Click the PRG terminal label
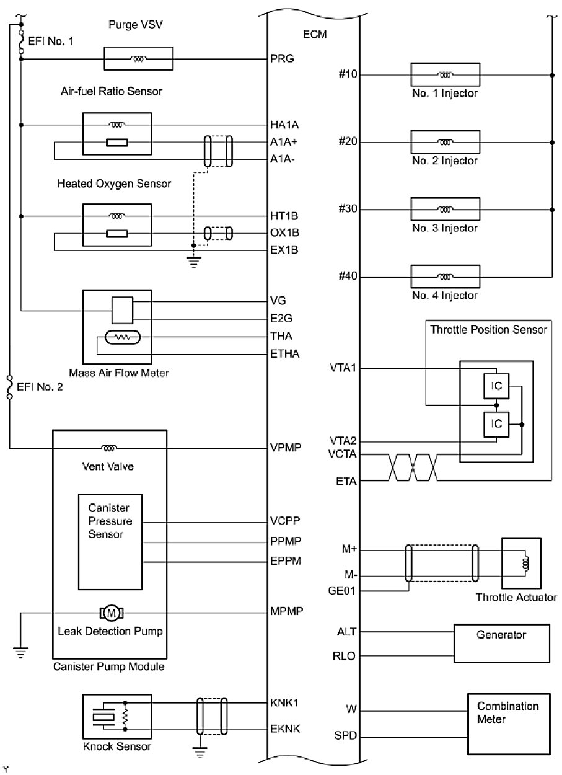282,59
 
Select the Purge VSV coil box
138,59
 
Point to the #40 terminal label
348,277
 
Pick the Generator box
502,644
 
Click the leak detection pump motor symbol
112,613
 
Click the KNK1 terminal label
284,704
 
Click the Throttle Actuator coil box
524,564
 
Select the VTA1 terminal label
344,368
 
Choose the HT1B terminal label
284,216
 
